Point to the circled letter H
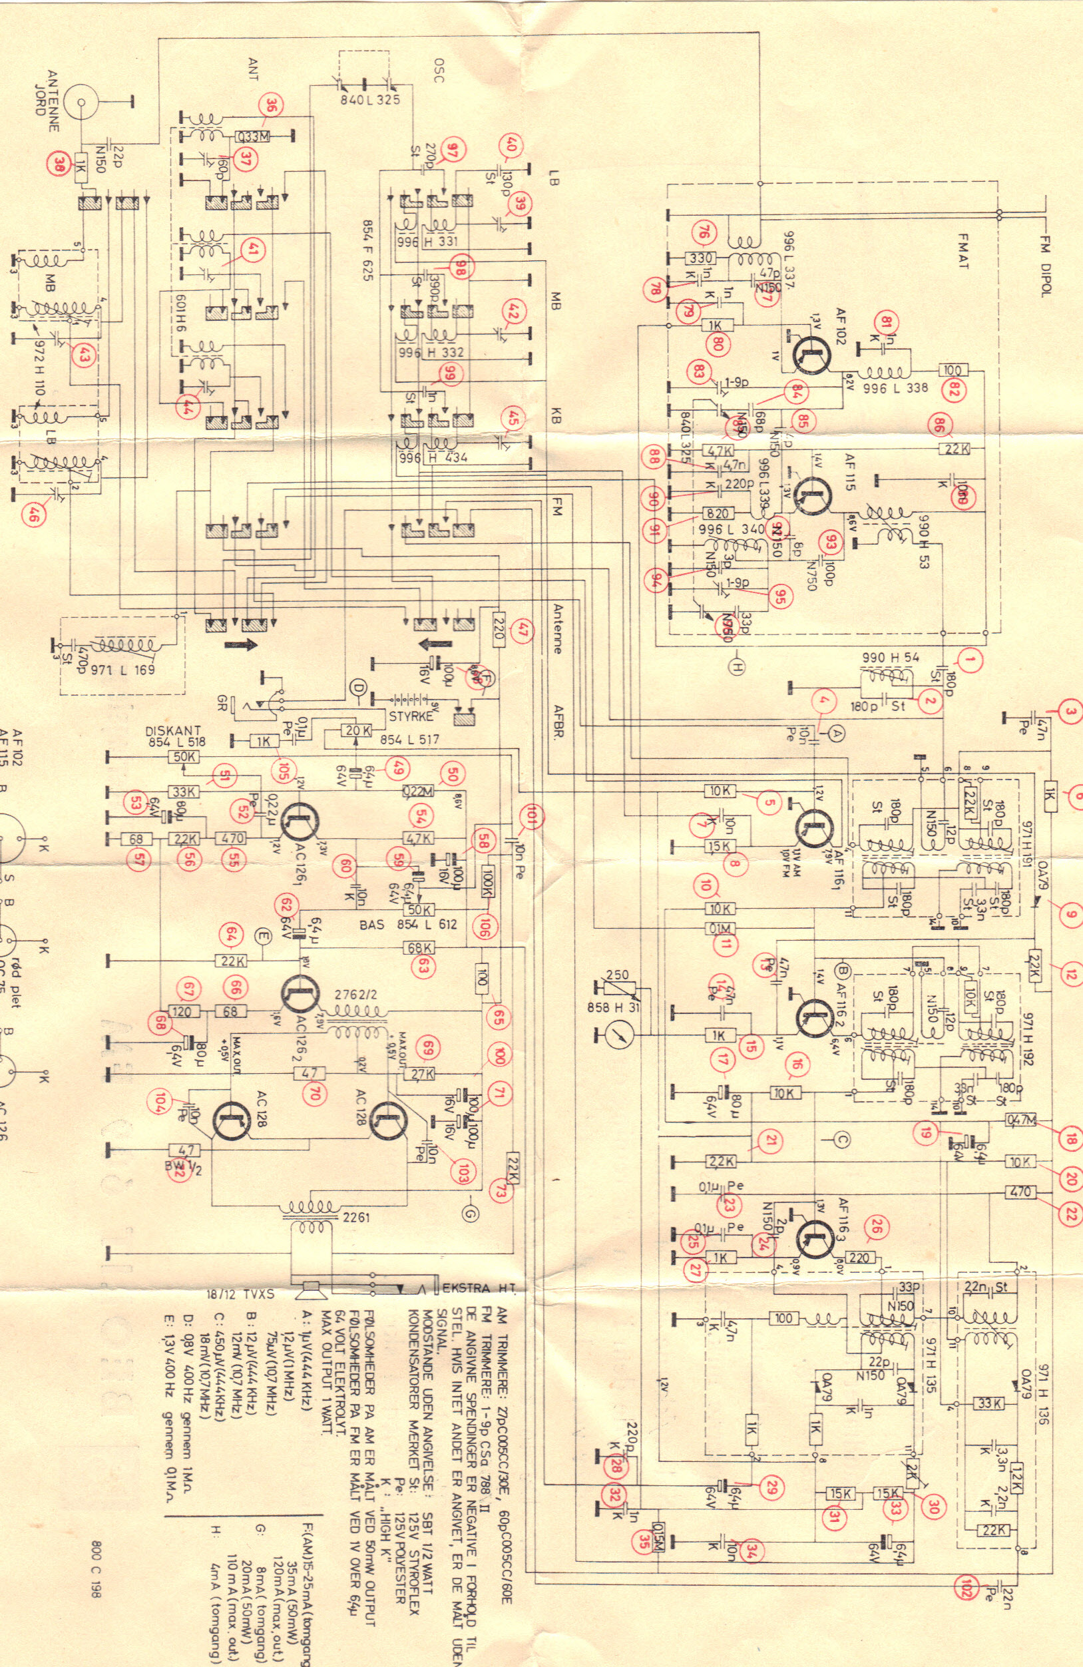737,667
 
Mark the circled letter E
262,936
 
